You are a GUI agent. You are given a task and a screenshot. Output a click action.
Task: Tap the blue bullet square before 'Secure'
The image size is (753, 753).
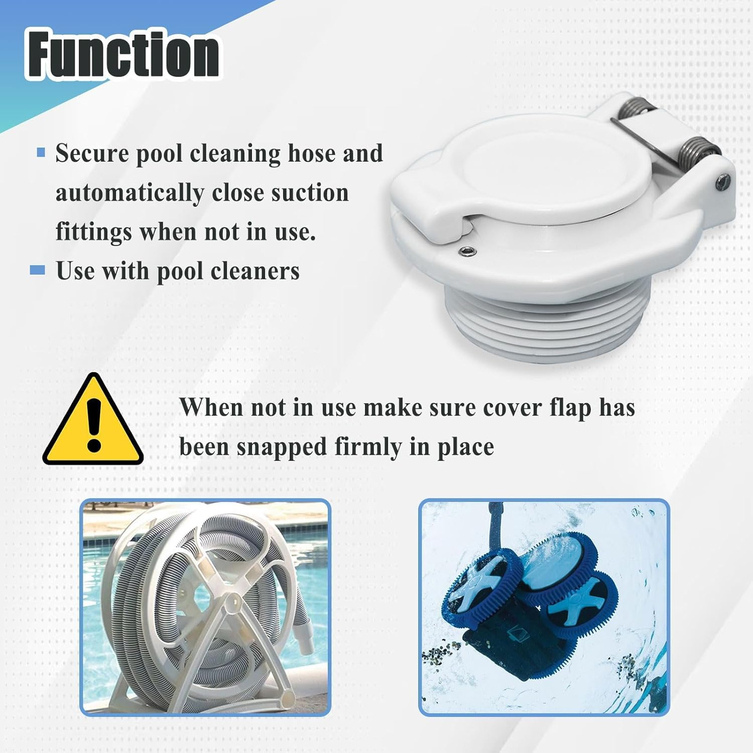point(41,153)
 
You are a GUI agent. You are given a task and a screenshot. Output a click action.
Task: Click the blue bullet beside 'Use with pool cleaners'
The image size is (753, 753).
point(38,271)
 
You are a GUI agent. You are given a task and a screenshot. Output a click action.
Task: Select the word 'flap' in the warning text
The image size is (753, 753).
point(570,408)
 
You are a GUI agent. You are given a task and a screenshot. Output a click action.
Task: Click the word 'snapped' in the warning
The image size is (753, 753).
point(281,447)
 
